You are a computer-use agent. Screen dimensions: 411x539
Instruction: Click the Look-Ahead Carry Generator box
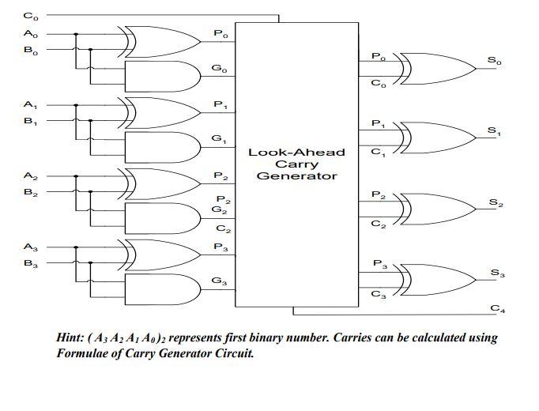[x=296, y=164]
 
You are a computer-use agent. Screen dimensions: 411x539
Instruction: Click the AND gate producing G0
[x=160, y=77]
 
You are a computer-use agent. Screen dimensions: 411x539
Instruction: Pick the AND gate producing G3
[x=160, y=288]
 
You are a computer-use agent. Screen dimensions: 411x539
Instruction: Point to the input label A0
[x=30, y=34]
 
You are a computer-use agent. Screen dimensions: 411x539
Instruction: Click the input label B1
[x=30, y=121]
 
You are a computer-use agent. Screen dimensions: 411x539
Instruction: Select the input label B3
[x=30, y=263]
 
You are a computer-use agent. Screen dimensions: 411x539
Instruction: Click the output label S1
[x=494, y=130]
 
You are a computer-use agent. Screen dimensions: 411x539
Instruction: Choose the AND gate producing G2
[x=160, y=218]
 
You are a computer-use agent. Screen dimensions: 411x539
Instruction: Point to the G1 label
[x=219, y=139]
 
